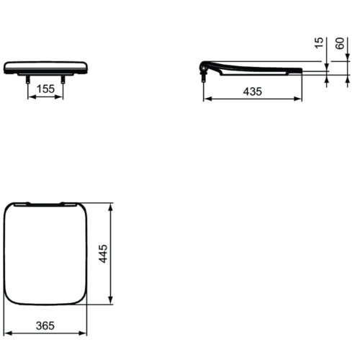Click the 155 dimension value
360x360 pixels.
pyautogui.click(x=45, y=89)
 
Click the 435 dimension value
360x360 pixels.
pyautogui.click(x=253, y=91)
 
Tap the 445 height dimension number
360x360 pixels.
pyautogui.click(x=104, y=253)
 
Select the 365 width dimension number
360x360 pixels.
pyautogui.click(x=45, y=325)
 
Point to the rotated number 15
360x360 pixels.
pyautogui.click(x=319, y=43)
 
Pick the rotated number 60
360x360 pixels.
pyautogui.click(x=340, y=43)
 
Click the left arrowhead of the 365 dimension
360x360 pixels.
pyautogui.click(x=8, y=333)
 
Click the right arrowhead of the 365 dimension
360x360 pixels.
pyautogui.click(x=83, y=333)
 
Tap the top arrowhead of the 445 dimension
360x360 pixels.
pyautogui.click(x=110, y=207)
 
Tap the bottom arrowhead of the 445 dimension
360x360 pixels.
pyautogui.click(x=110, y=300)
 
